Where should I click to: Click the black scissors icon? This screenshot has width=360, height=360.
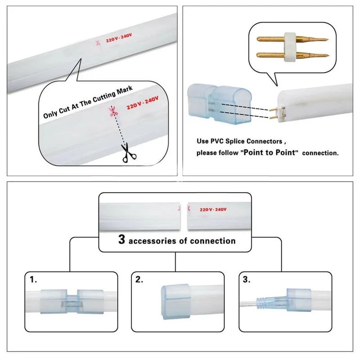(x=129, y=153)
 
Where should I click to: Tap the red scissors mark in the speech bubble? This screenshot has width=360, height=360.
(x=113, y=111)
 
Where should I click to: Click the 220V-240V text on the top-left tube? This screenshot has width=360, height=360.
(x=119, y=38)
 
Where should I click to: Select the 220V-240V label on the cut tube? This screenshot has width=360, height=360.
(x=213, y=209)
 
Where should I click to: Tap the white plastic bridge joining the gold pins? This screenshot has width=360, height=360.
(x=290, y=47)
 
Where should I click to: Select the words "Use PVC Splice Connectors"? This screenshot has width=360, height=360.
(x=239, y=141)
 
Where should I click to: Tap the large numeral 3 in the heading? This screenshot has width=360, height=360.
(x=121, y=239)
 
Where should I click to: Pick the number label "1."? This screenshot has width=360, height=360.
(x=33, y=279)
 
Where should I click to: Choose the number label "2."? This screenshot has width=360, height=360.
(x=139, y=279)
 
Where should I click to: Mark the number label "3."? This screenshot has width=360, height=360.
(x=247, y=279)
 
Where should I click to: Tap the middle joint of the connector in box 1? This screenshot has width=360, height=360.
(x=72, y=301)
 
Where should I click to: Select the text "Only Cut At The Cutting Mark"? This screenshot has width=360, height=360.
(x=88, y=102)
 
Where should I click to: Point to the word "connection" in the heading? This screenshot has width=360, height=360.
(x=212, y=241)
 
